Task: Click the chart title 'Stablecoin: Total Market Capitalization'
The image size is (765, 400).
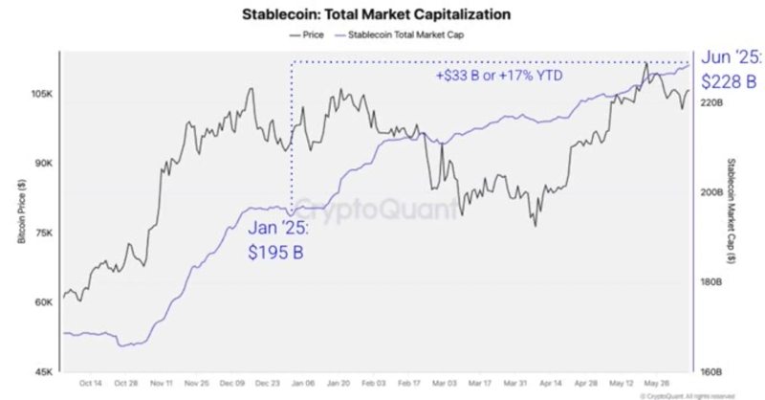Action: pos(382,15)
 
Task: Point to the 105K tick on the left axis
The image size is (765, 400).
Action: pos(41,95)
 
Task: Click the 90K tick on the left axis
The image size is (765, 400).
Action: pos(43,164)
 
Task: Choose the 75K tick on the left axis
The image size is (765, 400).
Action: pos(43,233)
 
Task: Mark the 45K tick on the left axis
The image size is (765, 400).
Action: pos(43,370)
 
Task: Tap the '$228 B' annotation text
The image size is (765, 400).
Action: pos(732,80)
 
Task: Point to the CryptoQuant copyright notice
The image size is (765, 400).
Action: pos(688,393)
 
